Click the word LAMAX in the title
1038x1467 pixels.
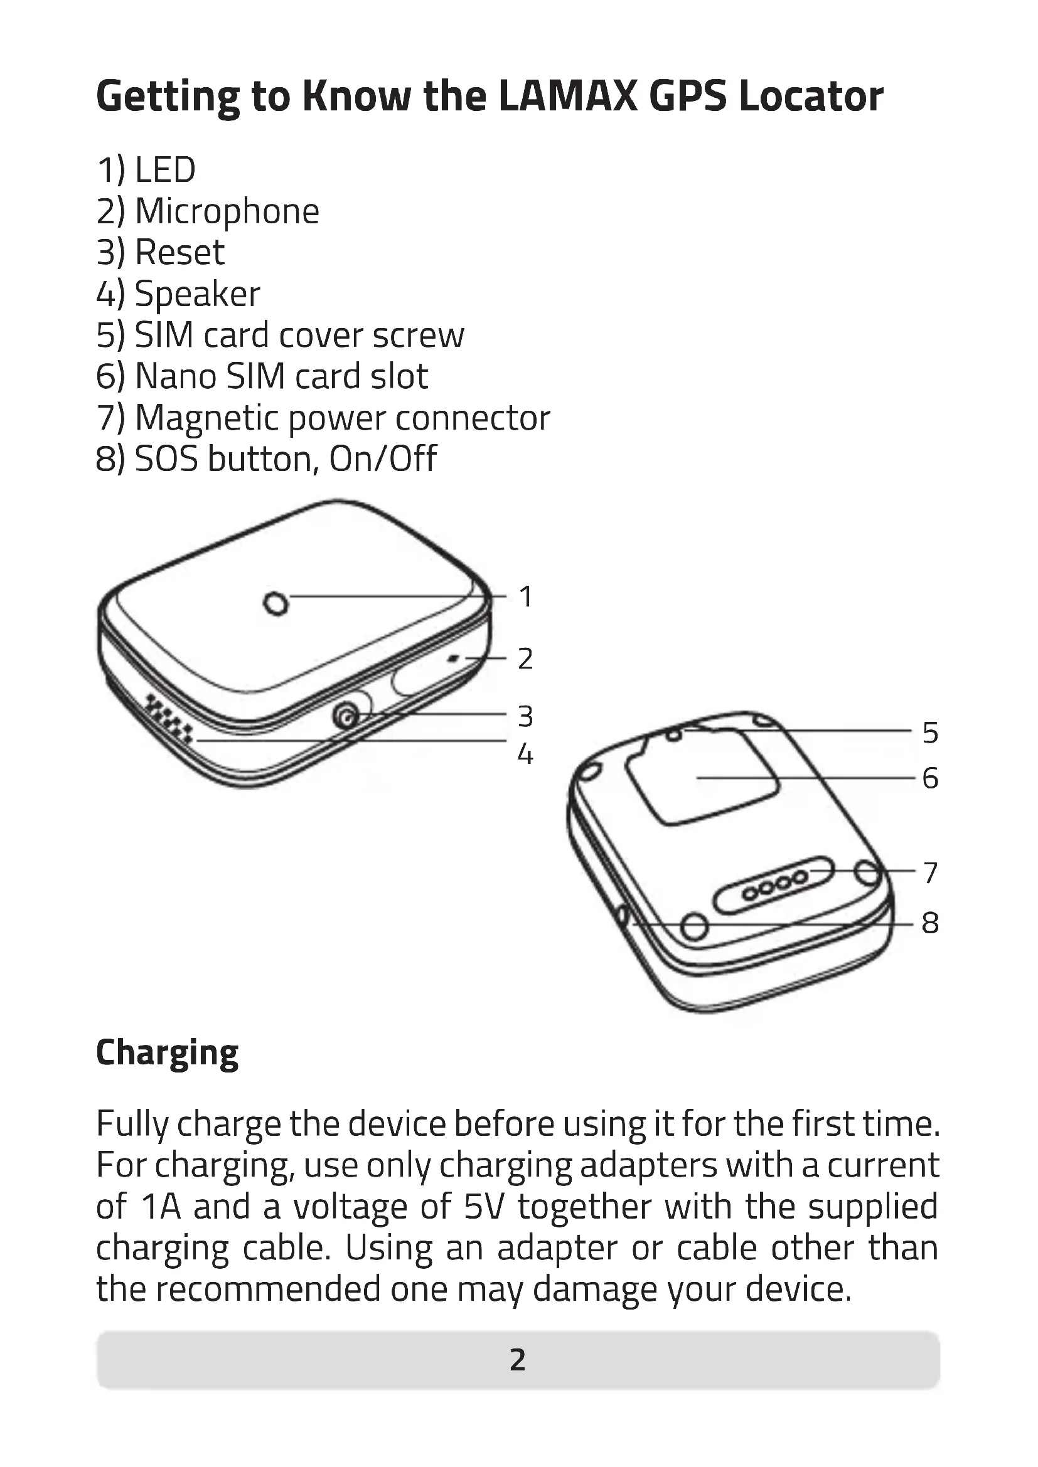(x=567, y=97)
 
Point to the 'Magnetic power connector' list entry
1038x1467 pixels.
(x=323, y=418)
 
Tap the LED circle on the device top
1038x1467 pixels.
(x=276, y=603)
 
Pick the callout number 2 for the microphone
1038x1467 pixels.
(x=525, y=659)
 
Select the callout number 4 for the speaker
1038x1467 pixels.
(x=525, y=755)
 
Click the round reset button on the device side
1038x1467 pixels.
(x=346, y=718)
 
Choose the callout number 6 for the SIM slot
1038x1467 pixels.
(x=930, y=778)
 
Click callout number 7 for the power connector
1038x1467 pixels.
(x=930, y=873)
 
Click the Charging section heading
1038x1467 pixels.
(x=167, y=1052)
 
